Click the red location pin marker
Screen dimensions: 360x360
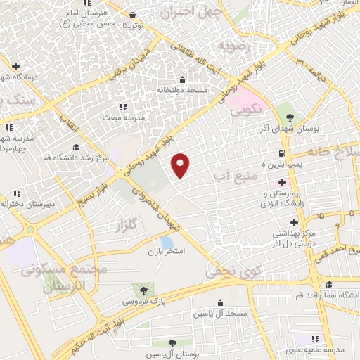click(x=181, y=165)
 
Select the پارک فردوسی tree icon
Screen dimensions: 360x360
click(x=143, y=290)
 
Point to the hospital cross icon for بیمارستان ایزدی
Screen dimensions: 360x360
click(x=282, y=183)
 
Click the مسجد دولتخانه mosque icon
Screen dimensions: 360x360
click(x=183, y=79)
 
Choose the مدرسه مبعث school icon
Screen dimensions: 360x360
click(x=124, y=107)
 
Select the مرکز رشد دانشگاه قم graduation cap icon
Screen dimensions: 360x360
click(x=75, y=146)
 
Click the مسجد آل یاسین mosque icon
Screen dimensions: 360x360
click(x=221, y=303)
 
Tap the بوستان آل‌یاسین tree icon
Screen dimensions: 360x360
click(x=172, y=342)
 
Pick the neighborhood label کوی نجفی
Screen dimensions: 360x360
click(x=228, y=269)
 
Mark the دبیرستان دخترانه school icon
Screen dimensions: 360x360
click(x=16, y=193)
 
